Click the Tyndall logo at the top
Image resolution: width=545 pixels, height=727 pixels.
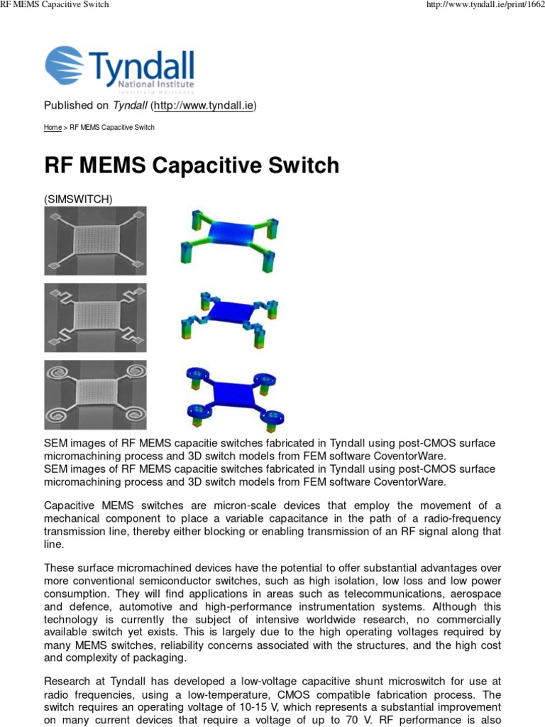119,69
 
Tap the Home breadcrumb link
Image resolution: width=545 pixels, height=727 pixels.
53,128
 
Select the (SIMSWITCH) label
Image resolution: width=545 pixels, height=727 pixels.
78,199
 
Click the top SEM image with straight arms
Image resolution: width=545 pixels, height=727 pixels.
95,241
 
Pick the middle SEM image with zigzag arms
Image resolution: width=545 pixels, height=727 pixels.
95,317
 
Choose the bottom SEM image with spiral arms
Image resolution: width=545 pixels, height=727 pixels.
95,394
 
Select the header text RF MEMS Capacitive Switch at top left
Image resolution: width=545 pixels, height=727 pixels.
55,6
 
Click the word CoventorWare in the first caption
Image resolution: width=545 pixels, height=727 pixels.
412,457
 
